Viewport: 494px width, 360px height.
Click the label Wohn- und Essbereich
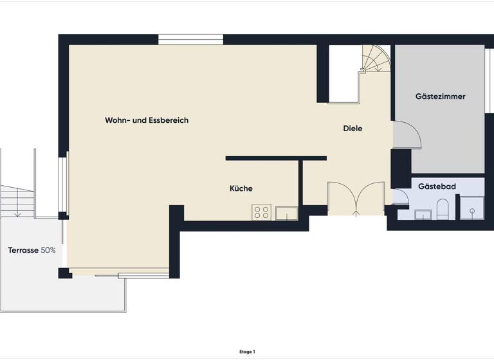coord(147,120)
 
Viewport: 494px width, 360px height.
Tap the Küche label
coord(241,188)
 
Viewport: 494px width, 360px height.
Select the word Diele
coord(352,129)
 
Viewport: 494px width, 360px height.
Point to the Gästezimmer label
coord(440,96)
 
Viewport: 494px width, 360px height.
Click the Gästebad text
coord(437,186)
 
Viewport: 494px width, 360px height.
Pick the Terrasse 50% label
coord(32,249)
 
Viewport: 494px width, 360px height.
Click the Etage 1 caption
coord(247,352)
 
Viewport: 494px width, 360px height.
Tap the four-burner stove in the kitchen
coord(261,212)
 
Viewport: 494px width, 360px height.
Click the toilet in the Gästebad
coord(442,209)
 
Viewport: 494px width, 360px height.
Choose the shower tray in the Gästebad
coord(471,208)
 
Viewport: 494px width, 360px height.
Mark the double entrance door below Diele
coord(356,198)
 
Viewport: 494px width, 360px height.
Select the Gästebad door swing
coord(401,197)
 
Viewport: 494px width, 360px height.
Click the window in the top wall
coord(190,40)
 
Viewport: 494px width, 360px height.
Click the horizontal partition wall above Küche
coord(276,158)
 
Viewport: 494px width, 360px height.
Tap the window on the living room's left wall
coord(63,183)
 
